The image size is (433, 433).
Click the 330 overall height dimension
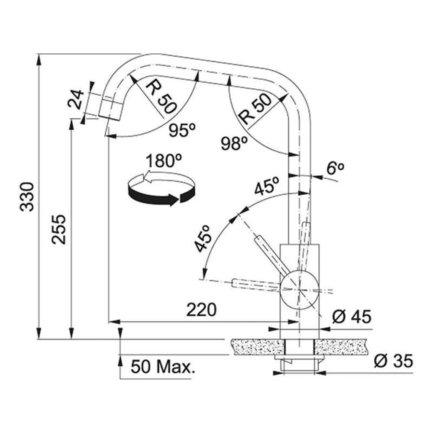(27, 197)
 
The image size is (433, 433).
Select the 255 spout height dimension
(59, 229)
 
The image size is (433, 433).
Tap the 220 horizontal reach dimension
(201, 310)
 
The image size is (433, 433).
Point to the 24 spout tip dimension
(75, 99)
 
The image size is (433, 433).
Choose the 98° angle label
(234, 143)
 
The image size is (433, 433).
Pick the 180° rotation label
(164, 161)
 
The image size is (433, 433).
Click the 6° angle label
(335, 168)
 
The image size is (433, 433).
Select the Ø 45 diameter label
(352, 317)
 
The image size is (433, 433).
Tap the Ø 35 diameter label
(394, 361)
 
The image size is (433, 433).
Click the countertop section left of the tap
(258, 346)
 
